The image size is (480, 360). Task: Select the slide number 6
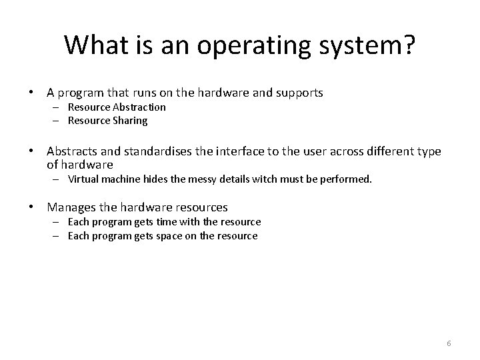coord(449,343)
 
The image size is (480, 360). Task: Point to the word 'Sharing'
coord(130,121)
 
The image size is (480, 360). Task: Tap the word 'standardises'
coord(159,151)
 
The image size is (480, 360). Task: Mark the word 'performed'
coord(347,179)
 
